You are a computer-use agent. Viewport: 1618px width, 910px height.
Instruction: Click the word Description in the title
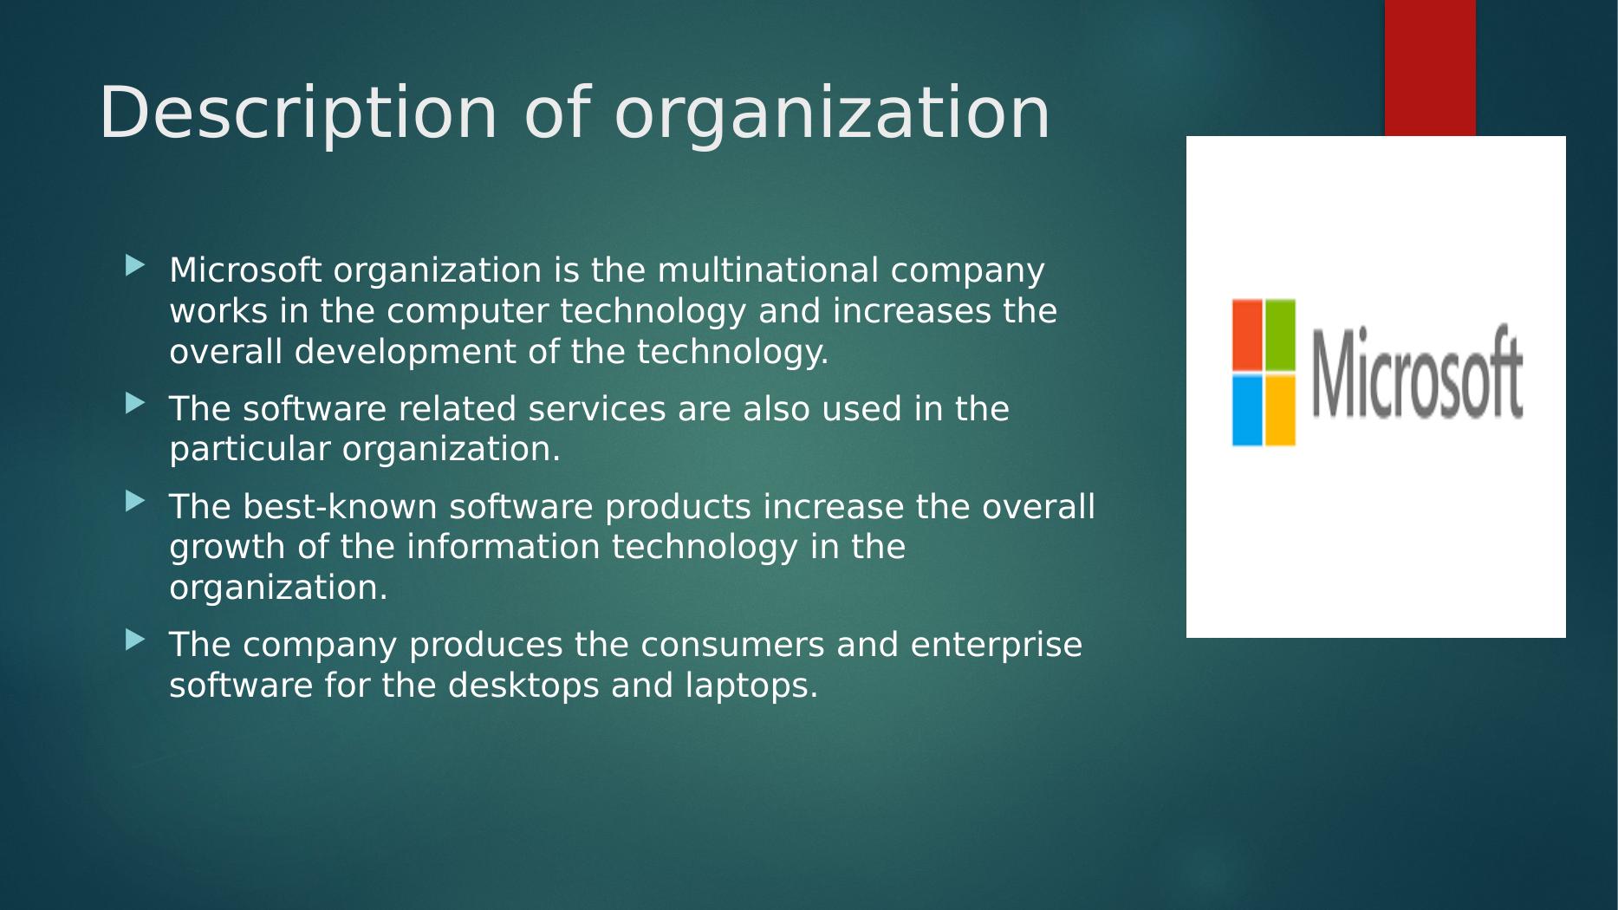click(x=299, y=113)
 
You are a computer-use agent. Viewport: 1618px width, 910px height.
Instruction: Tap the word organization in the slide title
click(x=832, y=113)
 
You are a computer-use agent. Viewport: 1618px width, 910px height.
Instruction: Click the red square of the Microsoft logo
click(x=1247, y=335)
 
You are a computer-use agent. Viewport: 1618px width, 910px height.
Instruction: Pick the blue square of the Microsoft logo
click(x=1247, y=410)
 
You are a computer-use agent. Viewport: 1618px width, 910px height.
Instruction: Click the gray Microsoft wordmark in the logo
click(x=1417, y=373)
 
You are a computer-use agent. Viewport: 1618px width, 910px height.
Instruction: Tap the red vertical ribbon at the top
click(x=1430, y=68)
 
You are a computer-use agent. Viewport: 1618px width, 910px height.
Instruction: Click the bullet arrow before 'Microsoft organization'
click(x=135, y=265)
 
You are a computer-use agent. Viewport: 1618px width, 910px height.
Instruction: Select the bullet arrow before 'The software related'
click(x=135, y=403)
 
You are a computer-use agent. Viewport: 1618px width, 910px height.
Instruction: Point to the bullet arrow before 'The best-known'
click(x=135, y=501)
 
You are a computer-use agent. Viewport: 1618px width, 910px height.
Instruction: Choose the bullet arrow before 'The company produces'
click(x=135, y=640)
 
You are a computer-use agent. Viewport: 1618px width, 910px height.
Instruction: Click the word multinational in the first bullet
click(x=769, y=270)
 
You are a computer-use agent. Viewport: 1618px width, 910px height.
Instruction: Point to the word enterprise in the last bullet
click(x=997, y=646)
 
